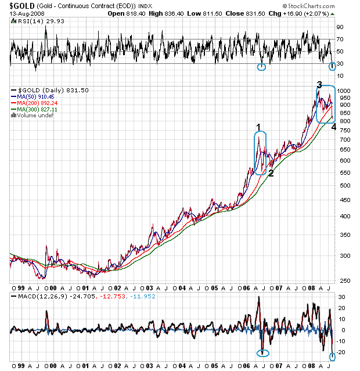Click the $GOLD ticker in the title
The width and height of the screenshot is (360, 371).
click(21, 6)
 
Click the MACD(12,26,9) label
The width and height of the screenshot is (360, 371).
click(31, 296)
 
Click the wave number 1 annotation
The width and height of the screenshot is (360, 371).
click(259, 127)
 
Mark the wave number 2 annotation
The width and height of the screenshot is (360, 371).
click(271, 172)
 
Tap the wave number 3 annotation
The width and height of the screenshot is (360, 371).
click(319, 85)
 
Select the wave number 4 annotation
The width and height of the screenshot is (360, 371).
click(333, 127)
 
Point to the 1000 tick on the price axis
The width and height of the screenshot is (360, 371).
click(345, 92)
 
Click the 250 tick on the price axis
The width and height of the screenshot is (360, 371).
click(344, 281)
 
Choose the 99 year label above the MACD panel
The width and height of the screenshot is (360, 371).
click(15, 288)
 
